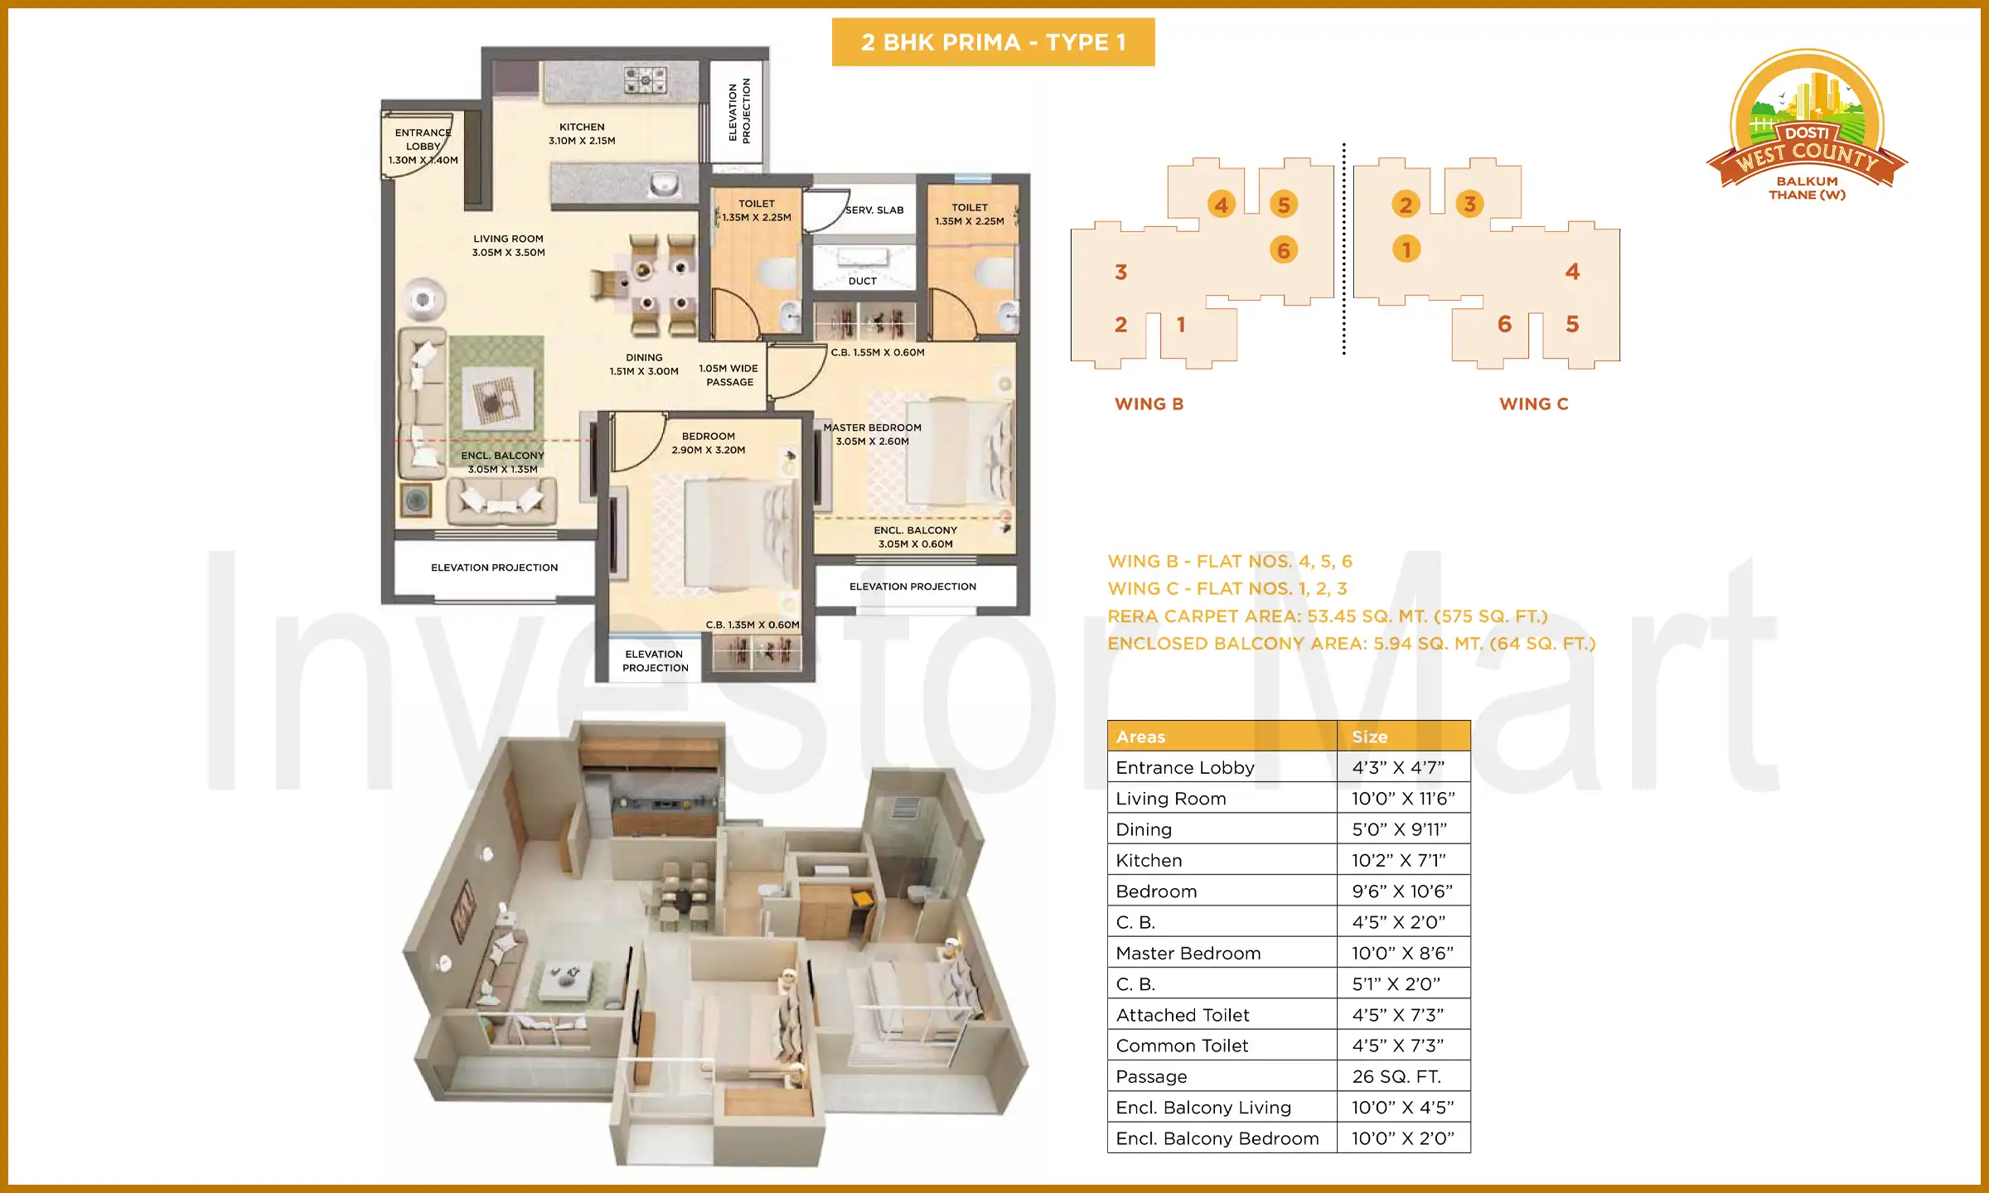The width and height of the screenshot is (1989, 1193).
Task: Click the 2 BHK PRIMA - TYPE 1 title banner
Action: point(993,42)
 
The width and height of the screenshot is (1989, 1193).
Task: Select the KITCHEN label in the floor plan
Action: point(582,133)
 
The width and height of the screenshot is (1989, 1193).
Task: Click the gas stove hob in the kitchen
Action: point(645,80)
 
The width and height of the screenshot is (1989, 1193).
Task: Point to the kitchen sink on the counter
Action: point(663,183)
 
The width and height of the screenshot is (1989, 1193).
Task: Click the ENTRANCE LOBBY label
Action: point(423,146)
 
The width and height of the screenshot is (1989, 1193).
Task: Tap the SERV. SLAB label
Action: point(874,210)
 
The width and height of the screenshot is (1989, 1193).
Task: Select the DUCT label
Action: point(862,282)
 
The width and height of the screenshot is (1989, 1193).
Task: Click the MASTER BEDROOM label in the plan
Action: point(872,434)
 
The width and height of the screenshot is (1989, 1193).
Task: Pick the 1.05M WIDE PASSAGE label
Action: point(728,375)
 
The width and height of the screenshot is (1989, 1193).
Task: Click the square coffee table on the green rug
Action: point(497,398)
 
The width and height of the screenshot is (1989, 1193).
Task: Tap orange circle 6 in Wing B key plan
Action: point(1283,250)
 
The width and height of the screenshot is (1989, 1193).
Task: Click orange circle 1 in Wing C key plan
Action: point(1406,249)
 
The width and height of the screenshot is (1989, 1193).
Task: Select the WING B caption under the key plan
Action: point(1149,404)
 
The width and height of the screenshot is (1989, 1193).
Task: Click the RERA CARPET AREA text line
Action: point(1327,616)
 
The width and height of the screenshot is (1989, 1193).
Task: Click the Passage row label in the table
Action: point(1151,1077)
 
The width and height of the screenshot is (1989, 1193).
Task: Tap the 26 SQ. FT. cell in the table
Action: point(1396,1077)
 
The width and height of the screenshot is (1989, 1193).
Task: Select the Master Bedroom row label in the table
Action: point(1188,954)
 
